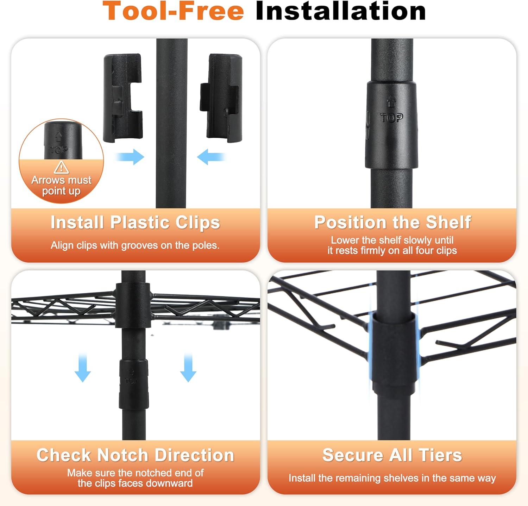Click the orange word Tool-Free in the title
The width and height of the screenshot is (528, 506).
173,11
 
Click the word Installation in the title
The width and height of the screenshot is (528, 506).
341,11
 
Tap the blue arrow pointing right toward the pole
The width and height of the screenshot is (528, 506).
130,157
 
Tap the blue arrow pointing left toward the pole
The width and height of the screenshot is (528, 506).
211,157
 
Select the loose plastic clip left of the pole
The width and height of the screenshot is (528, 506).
123,98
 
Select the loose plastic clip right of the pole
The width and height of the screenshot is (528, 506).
221,98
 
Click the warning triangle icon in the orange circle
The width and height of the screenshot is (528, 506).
61,168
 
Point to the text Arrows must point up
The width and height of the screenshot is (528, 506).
61,186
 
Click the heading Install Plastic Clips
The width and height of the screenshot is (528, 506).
135,223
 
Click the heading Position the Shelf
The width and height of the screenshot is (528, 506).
392,223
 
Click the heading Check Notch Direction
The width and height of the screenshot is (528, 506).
135,455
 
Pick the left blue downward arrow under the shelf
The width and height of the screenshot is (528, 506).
83,368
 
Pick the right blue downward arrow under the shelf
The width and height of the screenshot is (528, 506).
188,368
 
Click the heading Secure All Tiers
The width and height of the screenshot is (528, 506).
392,455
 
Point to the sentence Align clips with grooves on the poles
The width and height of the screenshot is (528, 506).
135,245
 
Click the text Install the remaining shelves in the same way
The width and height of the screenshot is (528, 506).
392,478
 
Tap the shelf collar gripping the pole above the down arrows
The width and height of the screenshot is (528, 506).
133,305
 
